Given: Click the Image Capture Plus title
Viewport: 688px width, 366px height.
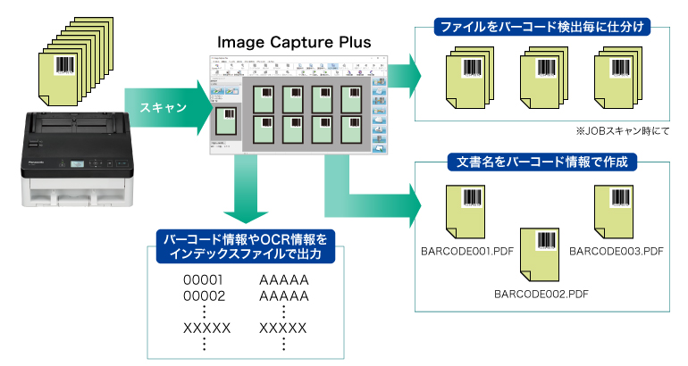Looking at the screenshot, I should [x=294, y=41].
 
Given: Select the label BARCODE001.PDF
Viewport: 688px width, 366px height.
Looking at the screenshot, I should [x=466, y=251].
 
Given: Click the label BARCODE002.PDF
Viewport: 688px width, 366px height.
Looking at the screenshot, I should [x=541, y=292].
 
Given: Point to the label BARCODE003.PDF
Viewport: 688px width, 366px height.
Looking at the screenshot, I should [x=616, y=251].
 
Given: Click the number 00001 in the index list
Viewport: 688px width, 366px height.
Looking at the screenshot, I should [x=203, y=280].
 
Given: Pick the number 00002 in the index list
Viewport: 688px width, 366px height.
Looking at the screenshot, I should [x=203, y=295].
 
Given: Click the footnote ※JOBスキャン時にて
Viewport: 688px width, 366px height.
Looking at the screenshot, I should [x=623, y=130].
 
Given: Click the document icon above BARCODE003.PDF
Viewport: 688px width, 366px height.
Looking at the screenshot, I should [x=616, y=212].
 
